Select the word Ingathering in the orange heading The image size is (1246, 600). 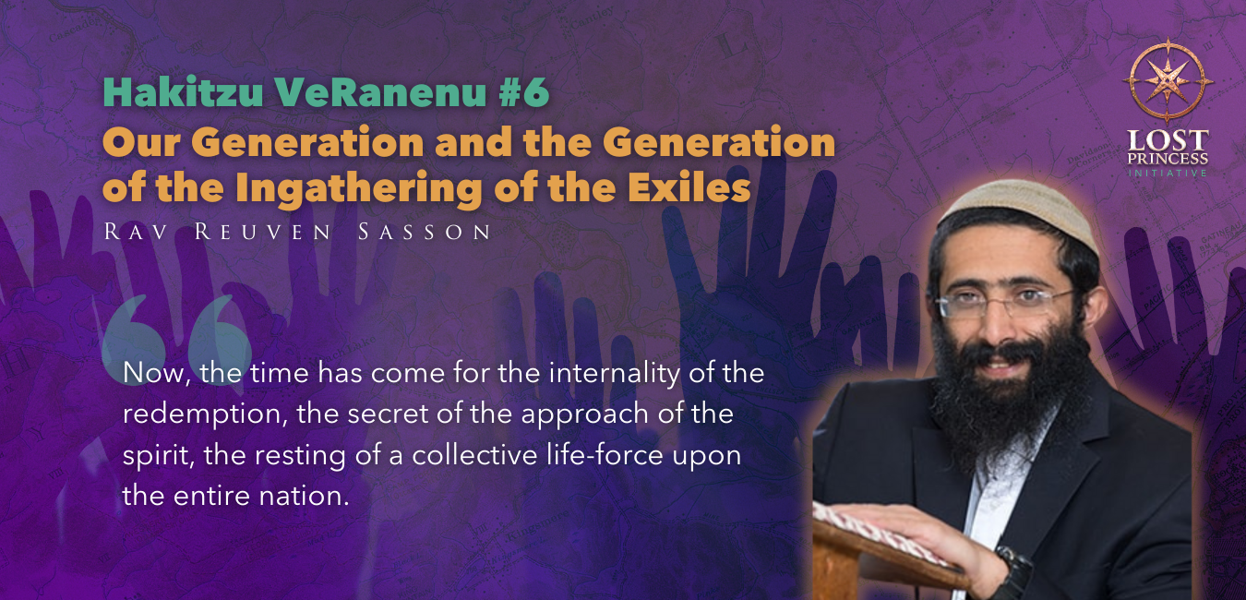[359, 188]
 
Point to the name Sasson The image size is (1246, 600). [425, 232]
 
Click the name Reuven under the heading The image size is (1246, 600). [263, 232]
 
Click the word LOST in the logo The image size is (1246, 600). [1168, 140]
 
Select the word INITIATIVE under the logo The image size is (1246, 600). [1168, 174]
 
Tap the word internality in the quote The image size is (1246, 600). [614, 373]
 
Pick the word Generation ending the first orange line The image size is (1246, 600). [719, 143]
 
